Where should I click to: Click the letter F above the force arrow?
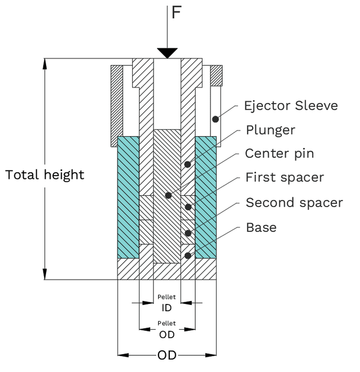click(x=176, y=12)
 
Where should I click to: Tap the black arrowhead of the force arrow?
click(x=167, y=53)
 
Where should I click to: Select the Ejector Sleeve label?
click(x=291, y=105)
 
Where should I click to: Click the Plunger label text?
click(x=271, y=130)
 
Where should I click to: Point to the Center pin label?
click(x=279, y=154)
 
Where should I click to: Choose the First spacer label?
click(x=285, y=177)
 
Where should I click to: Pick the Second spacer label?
click(x=294, y=202)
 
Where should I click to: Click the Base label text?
click(x=261, y=227)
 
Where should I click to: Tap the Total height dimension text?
click(x=45, y=174)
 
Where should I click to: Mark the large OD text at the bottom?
click(x=167, y=355)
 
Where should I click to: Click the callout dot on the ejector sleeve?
click(x=215, y=119)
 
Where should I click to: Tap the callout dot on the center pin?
click(x=168, y=196)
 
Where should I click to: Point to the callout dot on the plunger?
click(x=188, y=165)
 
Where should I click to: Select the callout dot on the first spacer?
click(x=188, y=207)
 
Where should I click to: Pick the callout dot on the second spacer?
click(x=188, y=232)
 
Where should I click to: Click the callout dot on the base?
click(x=188, y=256)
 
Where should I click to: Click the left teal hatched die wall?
click(x=128, y=197)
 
